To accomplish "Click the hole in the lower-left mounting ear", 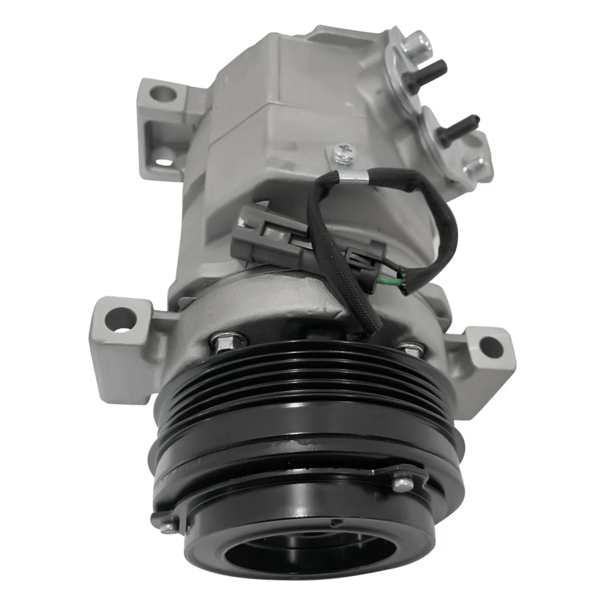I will tap(120, 319).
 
